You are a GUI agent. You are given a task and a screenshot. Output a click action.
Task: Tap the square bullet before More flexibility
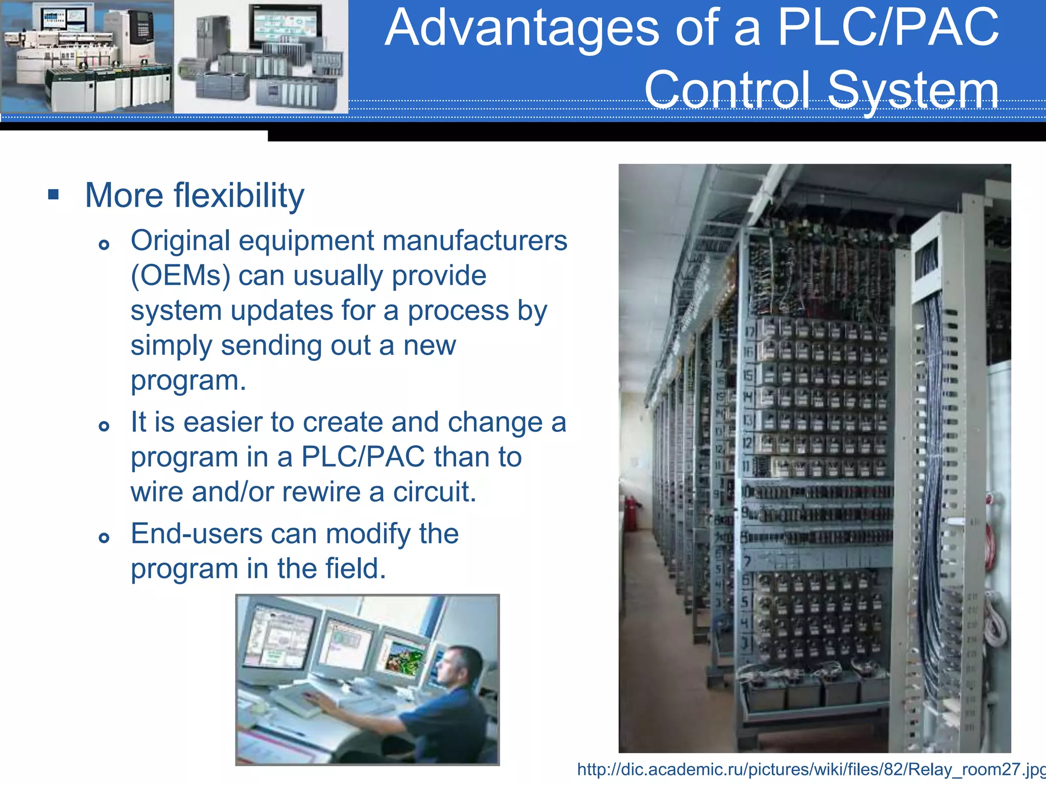[53, 195]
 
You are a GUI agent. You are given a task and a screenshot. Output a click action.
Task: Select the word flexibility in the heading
[239, 196]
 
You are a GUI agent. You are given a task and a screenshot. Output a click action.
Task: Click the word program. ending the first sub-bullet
[188, 381]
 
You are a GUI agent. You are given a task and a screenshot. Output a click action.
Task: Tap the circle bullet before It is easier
[104, 426]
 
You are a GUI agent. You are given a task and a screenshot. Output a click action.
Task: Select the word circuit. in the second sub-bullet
[434, 492]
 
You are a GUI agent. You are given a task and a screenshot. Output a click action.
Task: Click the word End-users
[196, 534]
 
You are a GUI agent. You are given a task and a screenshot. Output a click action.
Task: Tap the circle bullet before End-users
[104, 538]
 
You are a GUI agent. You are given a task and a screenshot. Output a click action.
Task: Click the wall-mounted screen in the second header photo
[284, 26]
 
